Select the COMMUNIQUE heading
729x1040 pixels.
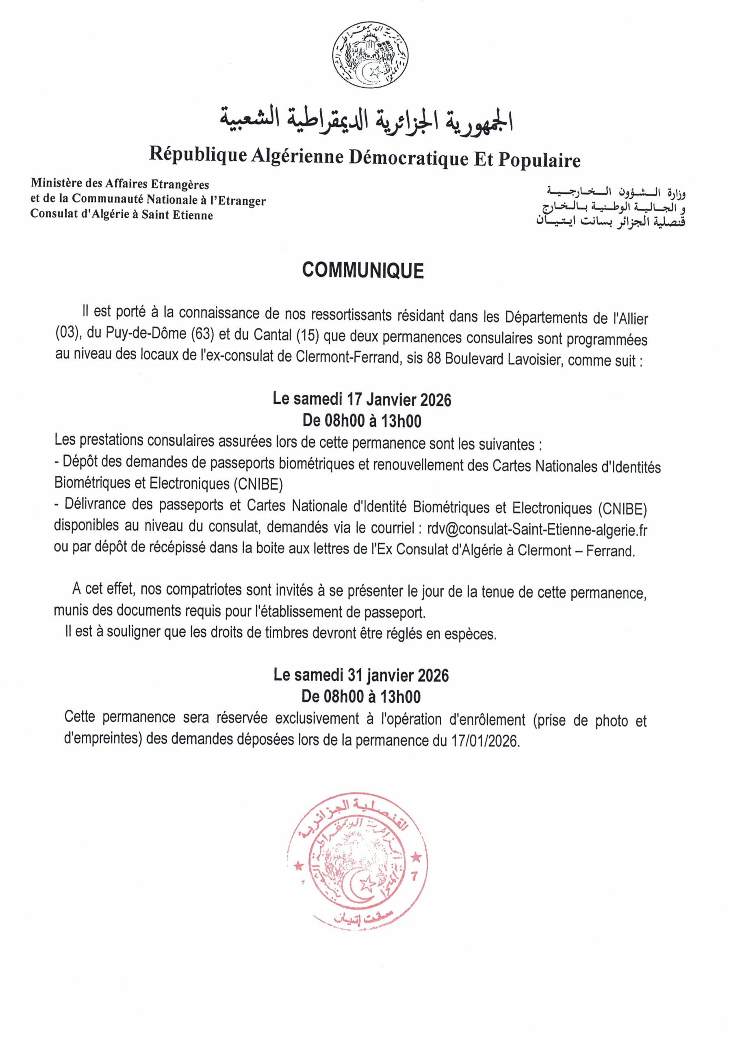click(x=362, y=271)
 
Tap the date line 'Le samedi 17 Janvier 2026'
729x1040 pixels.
click(x=362, y=400)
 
